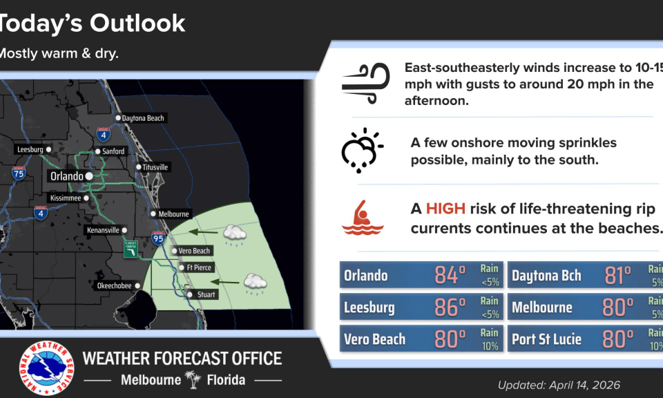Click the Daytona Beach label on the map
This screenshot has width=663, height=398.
[143, 118]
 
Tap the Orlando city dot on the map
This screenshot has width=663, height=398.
[89, 176]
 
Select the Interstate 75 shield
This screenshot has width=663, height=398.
[18, 173]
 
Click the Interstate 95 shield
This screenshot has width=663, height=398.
[159, 238]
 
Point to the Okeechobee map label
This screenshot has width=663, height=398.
[114, 285]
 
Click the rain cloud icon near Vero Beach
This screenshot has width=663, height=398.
[235, 235]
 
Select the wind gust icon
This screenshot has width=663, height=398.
[366, 83]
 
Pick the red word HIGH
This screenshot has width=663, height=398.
[445, 209]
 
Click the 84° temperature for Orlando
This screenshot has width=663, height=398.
[450, 275]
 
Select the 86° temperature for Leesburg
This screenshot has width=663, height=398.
[450, 307]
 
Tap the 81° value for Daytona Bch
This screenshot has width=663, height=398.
[617, 275]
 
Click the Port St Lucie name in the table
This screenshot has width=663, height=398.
[546, 339]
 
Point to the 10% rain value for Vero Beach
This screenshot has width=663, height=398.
[490, 346]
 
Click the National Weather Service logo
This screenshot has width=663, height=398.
[46, 368]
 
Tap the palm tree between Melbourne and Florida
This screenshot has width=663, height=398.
[193, 379]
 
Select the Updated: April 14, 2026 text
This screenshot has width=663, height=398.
[559, 385]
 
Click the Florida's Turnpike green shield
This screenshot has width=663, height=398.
[131, 249]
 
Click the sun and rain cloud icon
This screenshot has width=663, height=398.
[362, 150]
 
